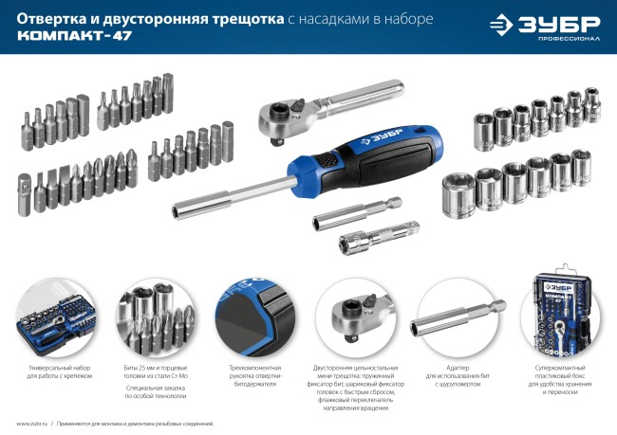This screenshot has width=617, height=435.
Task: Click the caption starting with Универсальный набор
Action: (55, 372)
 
